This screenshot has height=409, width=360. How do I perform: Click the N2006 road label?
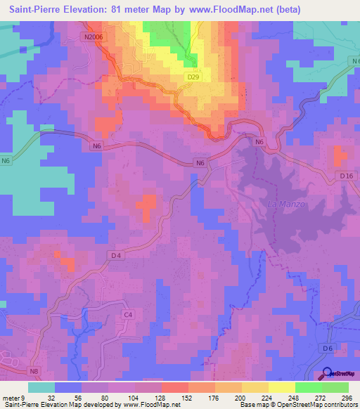coord(93,37)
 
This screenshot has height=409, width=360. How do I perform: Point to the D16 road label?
coord(343,174)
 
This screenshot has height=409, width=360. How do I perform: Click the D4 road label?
coord(116,257)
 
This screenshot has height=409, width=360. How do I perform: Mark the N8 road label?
coord(34,371)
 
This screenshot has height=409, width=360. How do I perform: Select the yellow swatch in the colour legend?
coord(281,387)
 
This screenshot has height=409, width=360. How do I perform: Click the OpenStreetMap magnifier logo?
coord(328,374)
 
